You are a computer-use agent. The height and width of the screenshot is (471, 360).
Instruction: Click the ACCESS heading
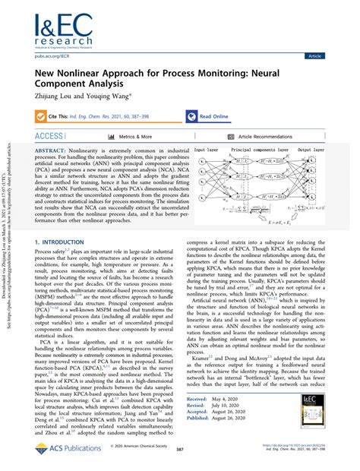point(49,136)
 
